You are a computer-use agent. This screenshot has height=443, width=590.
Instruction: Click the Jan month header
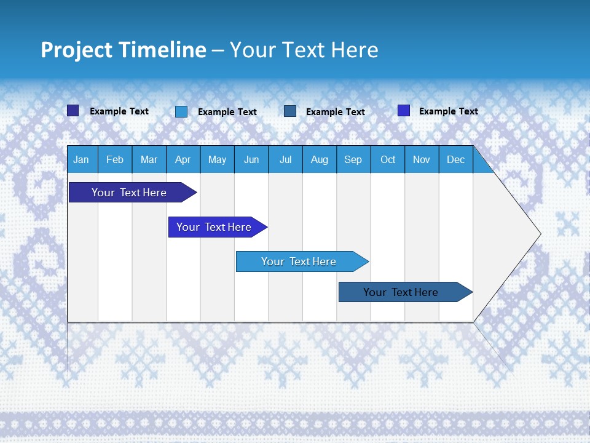point(81,160)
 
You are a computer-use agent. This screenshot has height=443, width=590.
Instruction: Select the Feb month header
point(115,160)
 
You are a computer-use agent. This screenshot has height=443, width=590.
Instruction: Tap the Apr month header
point(183,160)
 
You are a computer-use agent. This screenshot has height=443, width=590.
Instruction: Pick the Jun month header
point(251,160)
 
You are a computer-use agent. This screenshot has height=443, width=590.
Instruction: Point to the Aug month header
point(319,160)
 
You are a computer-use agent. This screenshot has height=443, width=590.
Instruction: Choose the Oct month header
point(388,160)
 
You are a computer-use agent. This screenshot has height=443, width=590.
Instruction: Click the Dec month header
point(455,160)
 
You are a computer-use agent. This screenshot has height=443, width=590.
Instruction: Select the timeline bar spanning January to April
point(129,193)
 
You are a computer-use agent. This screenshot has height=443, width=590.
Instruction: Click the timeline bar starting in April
point(214,227)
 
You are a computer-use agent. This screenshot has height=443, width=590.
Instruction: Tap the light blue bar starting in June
point(299,261)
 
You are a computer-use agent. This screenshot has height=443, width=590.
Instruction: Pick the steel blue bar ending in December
point(401,292)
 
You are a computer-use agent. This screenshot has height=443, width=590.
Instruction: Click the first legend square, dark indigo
point(73,111)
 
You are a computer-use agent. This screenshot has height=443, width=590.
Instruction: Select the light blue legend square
point(181,111)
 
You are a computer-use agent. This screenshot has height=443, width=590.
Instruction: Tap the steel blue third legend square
point(290,111)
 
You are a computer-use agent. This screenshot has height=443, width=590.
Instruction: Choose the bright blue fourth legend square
point(404,111)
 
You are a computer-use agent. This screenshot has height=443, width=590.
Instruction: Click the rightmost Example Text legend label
point(448,111)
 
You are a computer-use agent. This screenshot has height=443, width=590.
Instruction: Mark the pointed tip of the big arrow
point(540,234)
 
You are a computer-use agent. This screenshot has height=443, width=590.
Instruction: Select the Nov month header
point(422,160)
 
